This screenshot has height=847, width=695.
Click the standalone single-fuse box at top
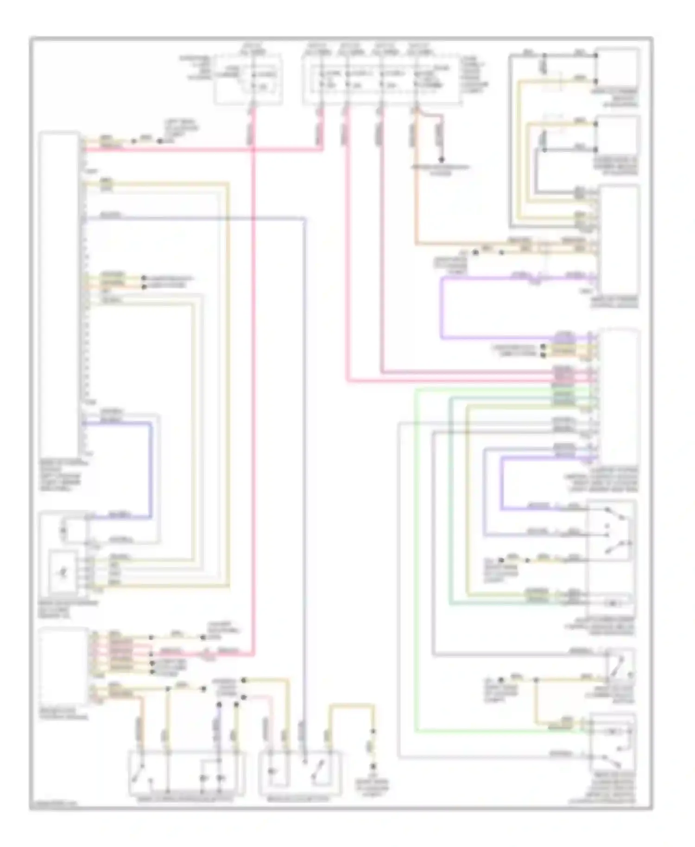point(248,79)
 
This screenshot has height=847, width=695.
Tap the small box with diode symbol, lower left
point(63,572)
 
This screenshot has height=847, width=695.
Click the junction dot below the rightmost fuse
point(442,160)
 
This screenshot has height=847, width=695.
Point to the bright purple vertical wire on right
point(442,308)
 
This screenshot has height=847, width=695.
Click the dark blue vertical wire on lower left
point(150,468)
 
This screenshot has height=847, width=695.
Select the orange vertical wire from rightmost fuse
point(416,185)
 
